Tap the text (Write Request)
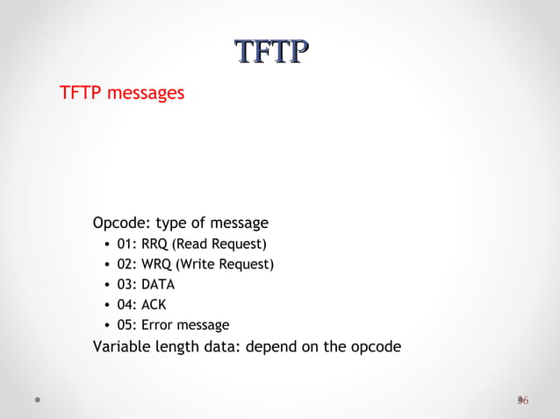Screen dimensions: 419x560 (x=225, y=264)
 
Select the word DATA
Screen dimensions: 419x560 (x=158, y=285)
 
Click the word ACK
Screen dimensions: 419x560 (x=154, y=305)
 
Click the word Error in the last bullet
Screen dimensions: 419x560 (x=159, y=325)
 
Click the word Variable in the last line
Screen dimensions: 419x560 (x=122, y=346)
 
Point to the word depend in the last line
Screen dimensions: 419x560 (x=270, y=346)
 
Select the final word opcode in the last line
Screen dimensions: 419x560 (x=376, y=346)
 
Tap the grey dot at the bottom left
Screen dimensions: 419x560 (x=38, y=400)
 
